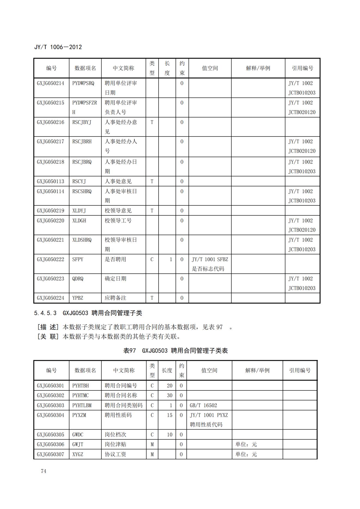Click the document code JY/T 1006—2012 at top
point(58,47)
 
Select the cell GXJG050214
point(51,83)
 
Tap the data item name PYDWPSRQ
point(83,83)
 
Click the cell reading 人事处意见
point(118,181)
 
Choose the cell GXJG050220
point(51,221)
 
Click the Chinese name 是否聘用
point(115,260)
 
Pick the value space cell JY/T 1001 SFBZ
point(210,260)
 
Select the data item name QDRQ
point(78,279)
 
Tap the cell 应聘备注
point(115,298)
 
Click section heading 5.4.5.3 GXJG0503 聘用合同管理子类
point(88,313)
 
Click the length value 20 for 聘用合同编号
point(170,386)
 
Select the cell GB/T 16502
point(203,405)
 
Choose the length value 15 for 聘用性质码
point(170,415)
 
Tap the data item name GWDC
point(78,435)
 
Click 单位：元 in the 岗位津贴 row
point(246,445)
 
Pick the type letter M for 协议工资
point(152,454)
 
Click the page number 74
point(44,471)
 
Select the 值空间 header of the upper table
point(210,68)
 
